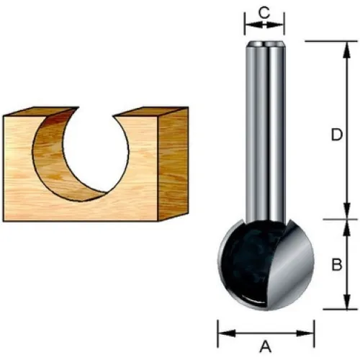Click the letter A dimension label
266,347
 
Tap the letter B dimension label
336,265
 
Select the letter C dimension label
264,13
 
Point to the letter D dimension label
336,135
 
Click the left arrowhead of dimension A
227,333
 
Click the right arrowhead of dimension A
305,333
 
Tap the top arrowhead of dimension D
346,50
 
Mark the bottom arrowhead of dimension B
346,301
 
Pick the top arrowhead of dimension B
346,228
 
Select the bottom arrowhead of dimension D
346,211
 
